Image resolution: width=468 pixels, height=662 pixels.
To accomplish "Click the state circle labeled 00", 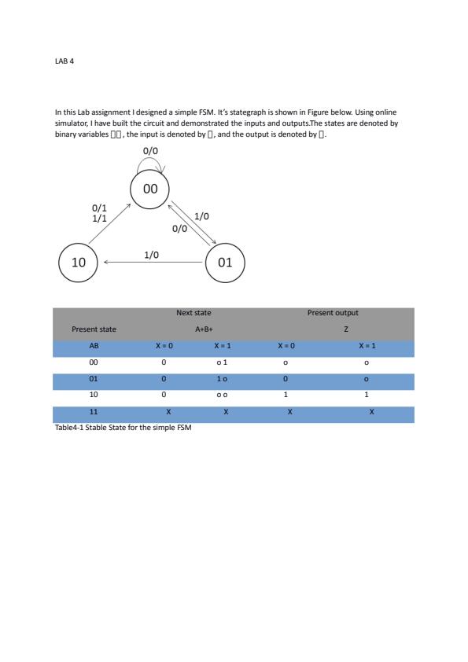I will (150, 189).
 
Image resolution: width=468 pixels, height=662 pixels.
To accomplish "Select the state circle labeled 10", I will (79, 262).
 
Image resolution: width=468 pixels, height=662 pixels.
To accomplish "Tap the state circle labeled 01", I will (225, 262).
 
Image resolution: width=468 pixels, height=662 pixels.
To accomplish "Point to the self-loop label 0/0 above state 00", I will (150, 149).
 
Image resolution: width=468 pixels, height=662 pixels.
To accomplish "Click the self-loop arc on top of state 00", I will (150, 162).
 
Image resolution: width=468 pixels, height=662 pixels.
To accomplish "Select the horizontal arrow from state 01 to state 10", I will (153, 263).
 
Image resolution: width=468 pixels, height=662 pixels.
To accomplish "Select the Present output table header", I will (333, 313).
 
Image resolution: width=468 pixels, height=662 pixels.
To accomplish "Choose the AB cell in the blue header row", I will (94, 347).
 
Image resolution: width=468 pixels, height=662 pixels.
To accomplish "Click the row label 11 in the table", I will (94, 414).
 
